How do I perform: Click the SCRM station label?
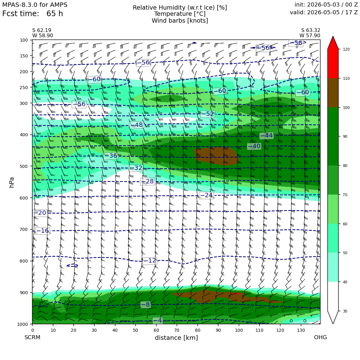click(32, 337)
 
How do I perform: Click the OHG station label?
click(320, 337)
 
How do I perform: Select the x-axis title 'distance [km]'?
click(176, 338)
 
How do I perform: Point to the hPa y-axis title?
click(12, 182)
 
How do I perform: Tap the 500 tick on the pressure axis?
click(24, 166)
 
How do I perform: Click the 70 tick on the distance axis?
click(177, 330)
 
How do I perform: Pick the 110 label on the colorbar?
click(346, 79)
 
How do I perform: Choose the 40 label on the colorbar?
click(345, 282)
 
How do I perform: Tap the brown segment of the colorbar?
click(333, 93)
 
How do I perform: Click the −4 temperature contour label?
click(158, 320)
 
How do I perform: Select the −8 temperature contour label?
click(145, 305)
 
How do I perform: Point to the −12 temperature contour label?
click(150, 261)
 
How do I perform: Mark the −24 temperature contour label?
click(206, 195)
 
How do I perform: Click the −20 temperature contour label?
click(40, 213)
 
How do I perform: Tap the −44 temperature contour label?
click(267, 136)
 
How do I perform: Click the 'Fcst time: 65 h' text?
click(33, 14)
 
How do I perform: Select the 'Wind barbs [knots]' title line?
click(180, 21)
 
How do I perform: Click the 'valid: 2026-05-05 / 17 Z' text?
click(324, 12)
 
